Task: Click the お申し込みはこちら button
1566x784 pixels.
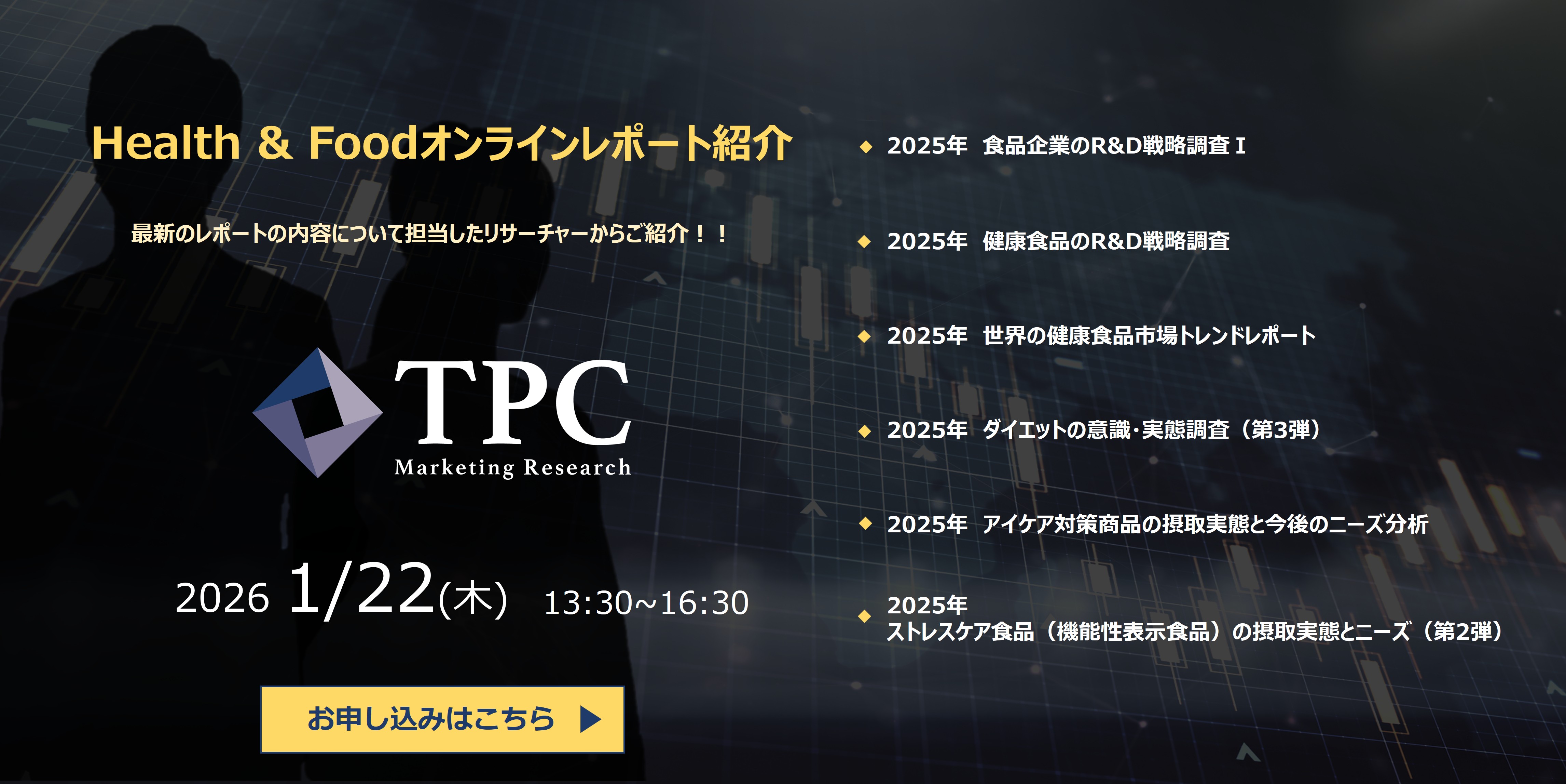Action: point(442,719)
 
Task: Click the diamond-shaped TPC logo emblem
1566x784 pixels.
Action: point(317,412)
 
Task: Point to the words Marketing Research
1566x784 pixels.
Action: point(512,467)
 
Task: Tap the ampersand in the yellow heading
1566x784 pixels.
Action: point(275,144)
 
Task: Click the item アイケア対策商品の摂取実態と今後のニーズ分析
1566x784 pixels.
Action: point(1205,524)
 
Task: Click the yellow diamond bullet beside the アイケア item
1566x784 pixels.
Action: point(865,524)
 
